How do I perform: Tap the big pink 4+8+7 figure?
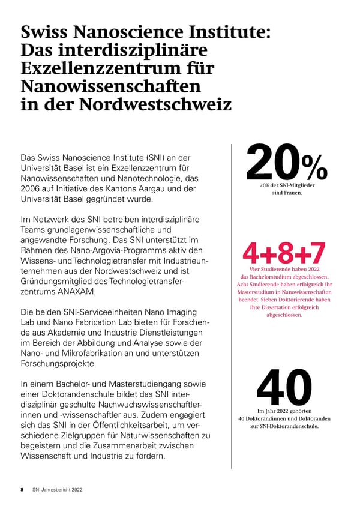(285, 253)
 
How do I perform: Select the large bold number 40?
(284, 386)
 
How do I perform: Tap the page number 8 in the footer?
(22, 490)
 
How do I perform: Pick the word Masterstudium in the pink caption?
(253, 292)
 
